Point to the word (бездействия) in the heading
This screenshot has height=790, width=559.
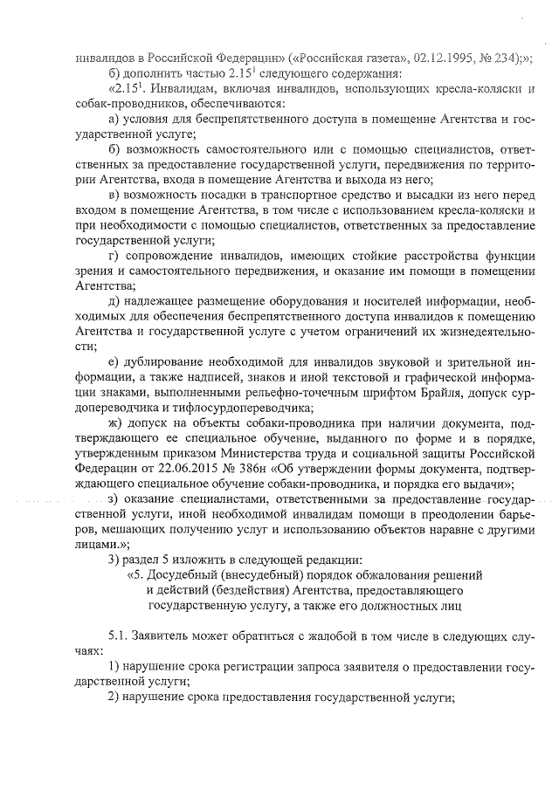[235, 588]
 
